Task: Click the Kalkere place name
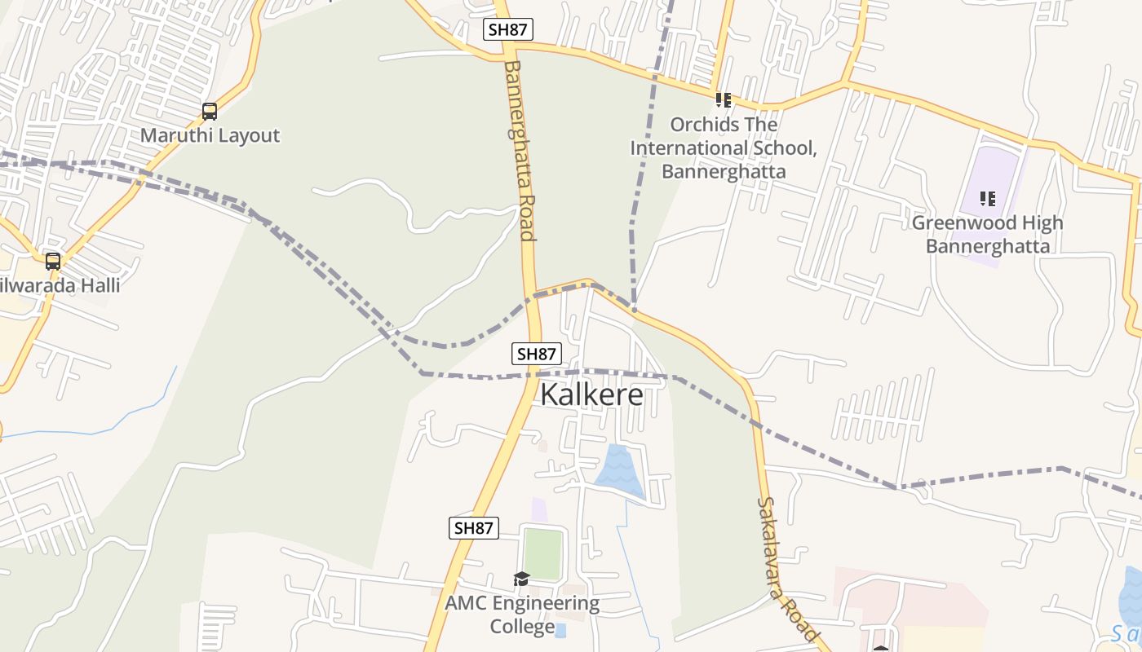pos(591,394)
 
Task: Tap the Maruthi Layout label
pos(210,135)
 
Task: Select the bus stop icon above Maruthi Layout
pos(210,112)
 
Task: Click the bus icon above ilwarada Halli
pos(53,262)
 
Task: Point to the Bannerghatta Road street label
pos(520,150)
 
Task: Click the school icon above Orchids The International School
pos(723,100)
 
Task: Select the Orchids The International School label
pos(723,148)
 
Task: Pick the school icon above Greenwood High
pos(988,199)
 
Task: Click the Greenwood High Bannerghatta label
pos(987,234)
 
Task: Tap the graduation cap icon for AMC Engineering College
pos(521,579)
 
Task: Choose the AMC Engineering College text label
pos(522,615)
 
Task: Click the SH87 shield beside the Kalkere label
pos(537,354)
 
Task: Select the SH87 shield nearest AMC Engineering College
pos(473,527)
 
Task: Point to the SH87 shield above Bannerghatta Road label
pos(507,29)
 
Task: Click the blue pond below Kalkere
pos(621,470)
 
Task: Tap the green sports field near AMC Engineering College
pos(542,554)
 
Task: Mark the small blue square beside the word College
pos(560,629)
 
